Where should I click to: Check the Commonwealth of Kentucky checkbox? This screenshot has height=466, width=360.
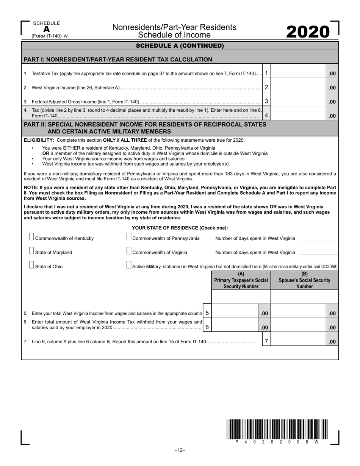(31, 237)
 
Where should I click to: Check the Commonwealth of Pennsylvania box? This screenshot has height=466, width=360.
(129, 237)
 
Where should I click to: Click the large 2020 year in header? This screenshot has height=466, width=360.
(307, 32)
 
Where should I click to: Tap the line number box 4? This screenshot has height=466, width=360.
(267, 115)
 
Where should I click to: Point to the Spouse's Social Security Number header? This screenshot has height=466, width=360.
(304, 280)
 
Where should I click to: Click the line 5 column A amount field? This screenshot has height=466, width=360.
(235, 313)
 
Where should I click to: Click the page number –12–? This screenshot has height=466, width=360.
(180, 450)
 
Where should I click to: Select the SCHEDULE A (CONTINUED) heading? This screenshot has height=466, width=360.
(180, 46)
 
